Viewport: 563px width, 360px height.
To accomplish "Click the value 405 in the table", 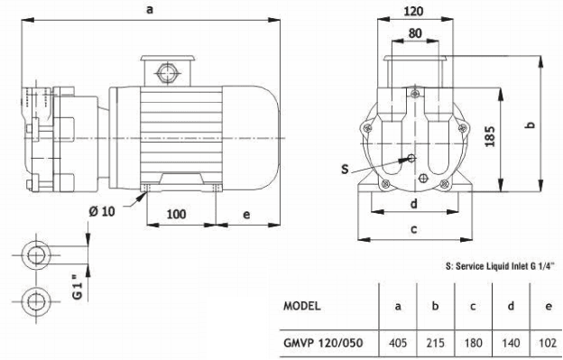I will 398,344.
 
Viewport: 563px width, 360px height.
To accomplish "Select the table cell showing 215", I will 436,344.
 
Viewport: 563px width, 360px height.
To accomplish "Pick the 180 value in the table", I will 473,344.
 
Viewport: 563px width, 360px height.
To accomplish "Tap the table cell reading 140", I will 511,344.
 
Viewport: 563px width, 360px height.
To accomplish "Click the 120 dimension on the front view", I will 413,14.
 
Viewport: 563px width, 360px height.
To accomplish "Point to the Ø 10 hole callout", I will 115,211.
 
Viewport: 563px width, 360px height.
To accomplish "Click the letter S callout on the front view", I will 346,169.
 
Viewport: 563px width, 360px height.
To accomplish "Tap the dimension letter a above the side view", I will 148,9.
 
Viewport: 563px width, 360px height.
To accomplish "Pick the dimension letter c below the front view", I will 413,229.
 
